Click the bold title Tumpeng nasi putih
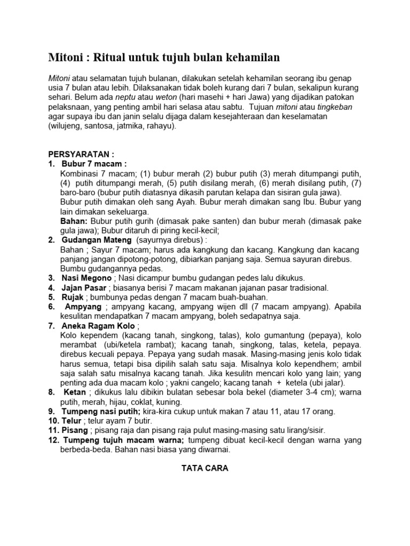tap(101, 412)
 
